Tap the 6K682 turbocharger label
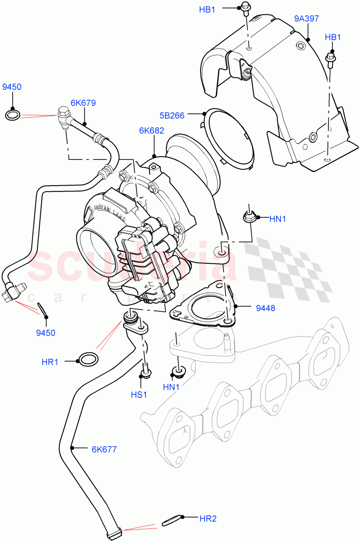[x=151, y=131]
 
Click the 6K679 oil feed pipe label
[x=83, y=103]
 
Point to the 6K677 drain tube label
[x=104, y=449]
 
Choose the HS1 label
[x=139, y=394]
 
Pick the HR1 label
[x=51, y=361]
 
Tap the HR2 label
[x=208, y=519]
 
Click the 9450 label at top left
[x=12, y=87]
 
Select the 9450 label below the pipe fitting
[x=46, y=333]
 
